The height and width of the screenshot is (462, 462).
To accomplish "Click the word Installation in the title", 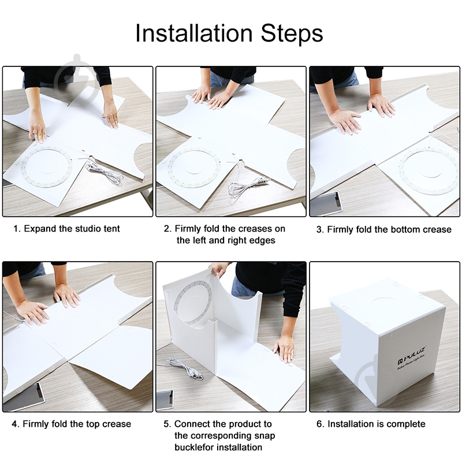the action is (x=194, y=33).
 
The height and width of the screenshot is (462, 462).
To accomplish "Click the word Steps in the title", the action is (x=292, y=33).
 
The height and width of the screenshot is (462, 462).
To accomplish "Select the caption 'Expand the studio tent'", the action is (x=72, y=229).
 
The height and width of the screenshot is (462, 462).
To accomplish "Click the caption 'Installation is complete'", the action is (x=377, y=424).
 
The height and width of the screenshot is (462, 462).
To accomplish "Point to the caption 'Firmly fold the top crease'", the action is (x=77, y=424).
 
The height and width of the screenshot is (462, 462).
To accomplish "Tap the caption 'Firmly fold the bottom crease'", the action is (x=389, y=229).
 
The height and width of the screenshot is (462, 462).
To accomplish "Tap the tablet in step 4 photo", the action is (x=25, y=398).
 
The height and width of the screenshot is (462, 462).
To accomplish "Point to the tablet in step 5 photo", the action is (x=165, y=400).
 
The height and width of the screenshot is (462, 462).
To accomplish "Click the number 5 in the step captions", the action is (x=166, y=424).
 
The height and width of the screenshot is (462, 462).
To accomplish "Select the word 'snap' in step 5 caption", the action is (x=264, y=436).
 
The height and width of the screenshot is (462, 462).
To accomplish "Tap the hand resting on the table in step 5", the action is (x=284, y=349).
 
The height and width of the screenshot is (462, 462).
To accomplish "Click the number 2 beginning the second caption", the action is (x=167, y=229).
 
